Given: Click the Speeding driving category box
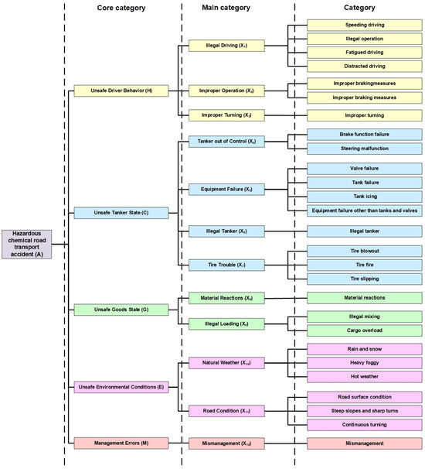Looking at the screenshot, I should pyautogui.click(x=364, y=25).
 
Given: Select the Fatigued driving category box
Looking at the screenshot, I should pyautogui.click(x=364, y=52).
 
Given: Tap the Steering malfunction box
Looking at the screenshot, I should pyautogui.click(x=364, y=148).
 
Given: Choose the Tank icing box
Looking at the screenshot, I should pyautogui.click(x=364, y=196).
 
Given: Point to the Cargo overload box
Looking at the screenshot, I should pyautogui.click(x=364, y=330).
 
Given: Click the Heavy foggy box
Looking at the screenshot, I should pyautogui.click(x=364, y=362).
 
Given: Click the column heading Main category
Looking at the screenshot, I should pyautogui.click(x=238, y=8).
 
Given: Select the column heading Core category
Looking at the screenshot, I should pyautogui.click(x=123, y=8).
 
